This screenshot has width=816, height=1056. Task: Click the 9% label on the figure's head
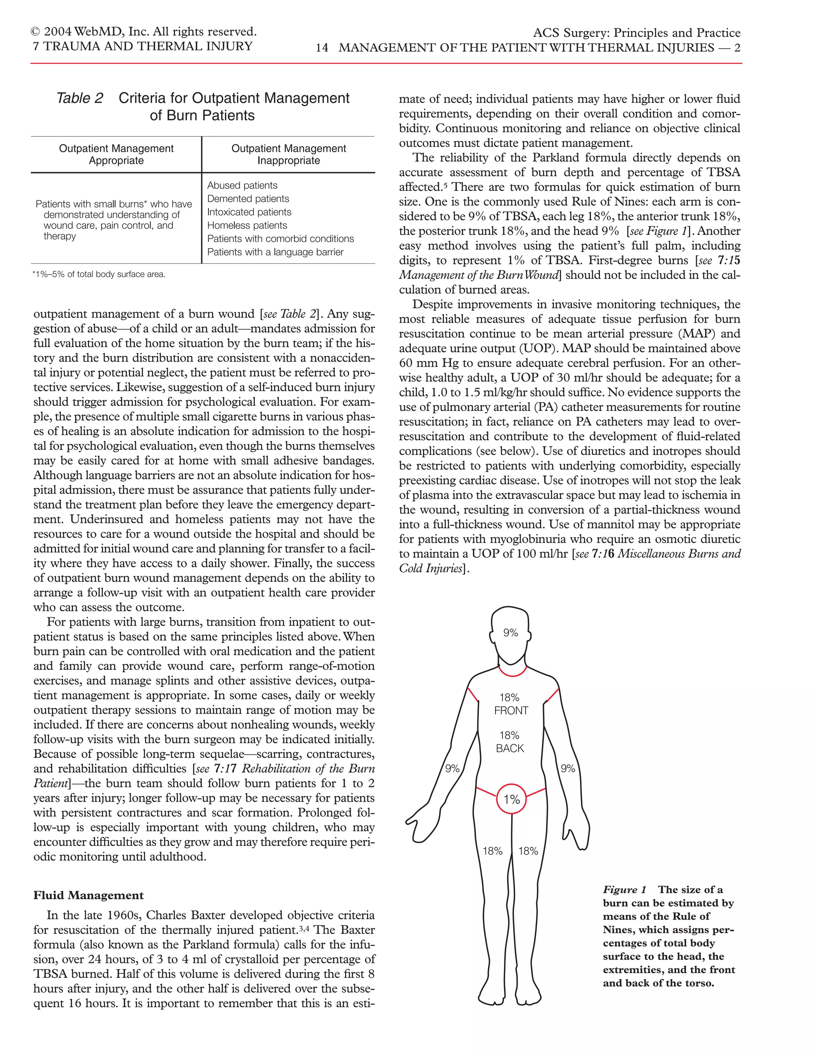click(510, 632)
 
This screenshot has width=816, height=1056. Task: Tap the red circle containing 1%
click(511, 799)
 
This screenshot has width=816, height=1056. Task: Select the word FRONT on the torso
click(511, 710)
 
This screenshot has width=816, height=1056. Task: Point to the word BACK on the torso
click(510, 748)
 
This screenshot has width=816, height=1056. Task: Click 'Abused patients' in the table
click(242, 186)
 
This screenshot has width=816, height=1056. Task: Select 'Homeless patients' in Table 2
click(247, 225)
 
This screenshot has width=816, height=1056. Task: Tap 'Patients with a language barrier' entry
click(275, 252)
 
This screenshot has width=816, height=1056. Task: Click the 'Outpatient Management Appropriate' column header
click(116, 154)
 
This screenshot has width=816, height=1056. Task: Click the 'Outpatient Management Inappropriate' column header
click(288, 154)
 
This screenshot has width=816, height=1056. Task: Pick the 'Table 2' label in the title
click(80, 98)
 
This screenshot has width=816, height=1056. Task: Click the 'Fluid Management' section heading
click(88, 895)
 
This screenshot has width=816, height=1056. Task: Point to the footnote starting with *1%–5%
click(99, 275)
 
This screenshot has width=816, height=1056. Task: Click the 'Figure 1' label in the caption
click(624, 890)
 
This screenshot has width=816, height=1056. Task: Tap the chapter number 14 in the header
click(322, 48)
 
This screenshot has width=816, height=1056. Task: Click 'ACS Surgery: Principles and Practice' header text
click(637, 33)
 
